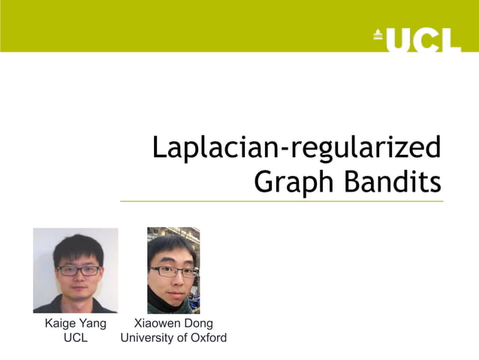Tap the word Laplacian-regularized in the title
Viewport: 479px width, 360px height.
tap(296, 148)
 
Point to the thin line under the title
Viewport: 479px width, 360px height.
tap(282, 201)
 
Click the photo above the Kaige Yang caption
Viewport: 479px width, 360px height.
tap(75, 270)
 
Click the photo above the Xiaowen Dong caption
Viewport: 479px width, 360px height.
tap(173, 270)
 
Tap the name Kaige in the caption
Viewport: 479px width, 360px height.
tap(59, 324)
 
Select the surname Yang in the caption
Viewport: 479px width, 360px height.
tap(92, 324)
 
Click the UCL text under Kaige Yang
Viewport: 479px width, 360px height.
tap(75, 338)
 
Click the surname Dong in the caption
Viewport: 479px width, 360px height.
tap(199, 324)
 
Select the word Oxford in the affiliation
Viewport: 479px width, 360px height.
tap(207, 338)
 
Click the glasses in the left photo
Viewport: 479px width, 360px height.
tap(77, 271)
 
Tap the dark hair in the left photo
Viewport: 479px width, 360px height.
tap(77, 247)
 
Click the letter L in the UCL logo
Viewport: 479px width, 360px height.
tap(449, 39)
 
